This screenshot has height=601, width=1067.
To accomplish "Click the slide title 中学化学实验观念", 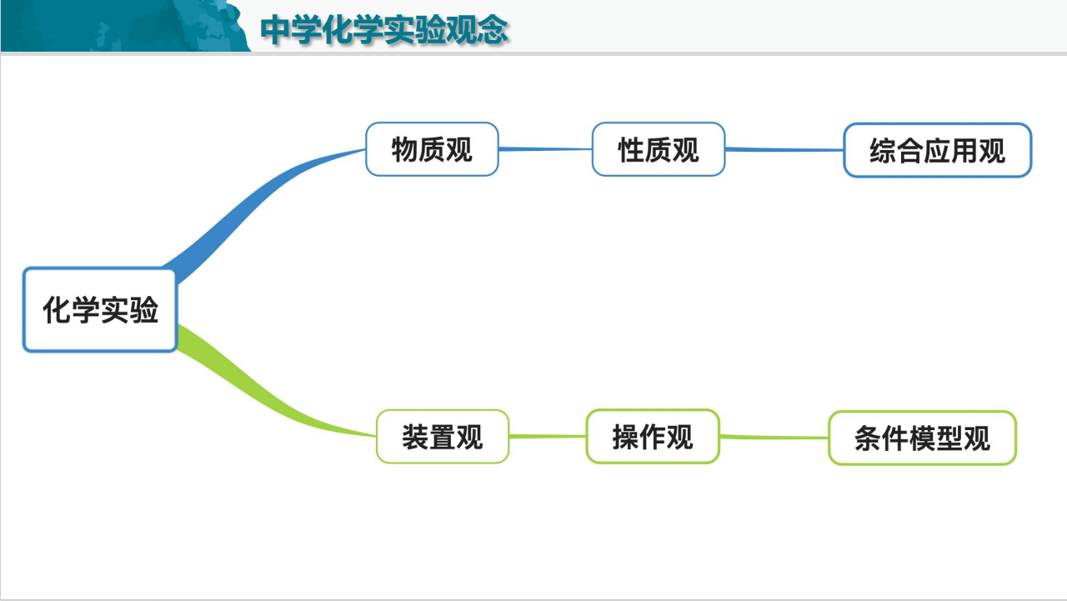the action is (x=384, y=30).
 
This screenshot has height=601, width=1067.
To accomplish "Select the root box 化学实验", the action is (x=100, y=309).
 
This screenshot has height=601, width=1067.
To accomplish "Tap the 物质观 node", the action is (x=432, y=149).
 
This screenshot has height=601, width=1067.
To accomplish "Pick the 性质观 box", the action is (x=659, y=149).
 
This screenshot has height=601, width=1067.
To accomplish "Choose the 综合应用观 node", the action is (x=938, y=151).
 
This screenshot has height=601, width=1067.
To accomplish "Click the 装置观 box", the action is (x=443, y=437).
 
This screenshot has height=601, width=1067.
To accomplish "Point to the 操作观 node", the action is (x=653, y=436).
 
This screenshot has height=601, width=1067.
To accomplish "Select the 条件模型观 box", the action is (x=922, y=438).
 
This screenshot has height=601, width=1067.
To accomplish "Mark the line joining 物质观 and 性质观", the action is (x=545, y=149).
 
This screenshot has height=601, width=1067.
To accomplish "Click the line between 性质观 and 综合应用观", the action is (x=784, y=149).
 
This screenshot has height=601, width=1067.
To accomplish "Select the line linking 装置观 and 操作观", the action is (x=548, y=436).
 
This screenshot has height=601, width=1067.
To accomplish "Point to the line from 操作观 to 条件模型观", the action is (x=774, y=437).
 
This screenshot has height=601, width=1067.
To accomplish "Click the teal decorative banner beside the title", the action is (x=126, y=26).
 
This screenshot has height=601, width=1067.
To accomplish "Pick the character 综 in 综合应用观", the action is (x=883, y=151).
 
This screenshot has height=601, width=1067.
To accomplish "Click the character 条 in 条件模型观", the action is (x=868, y=438).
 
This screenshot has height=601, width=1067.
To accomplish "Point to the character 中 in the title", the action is (x=275, y=30).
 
